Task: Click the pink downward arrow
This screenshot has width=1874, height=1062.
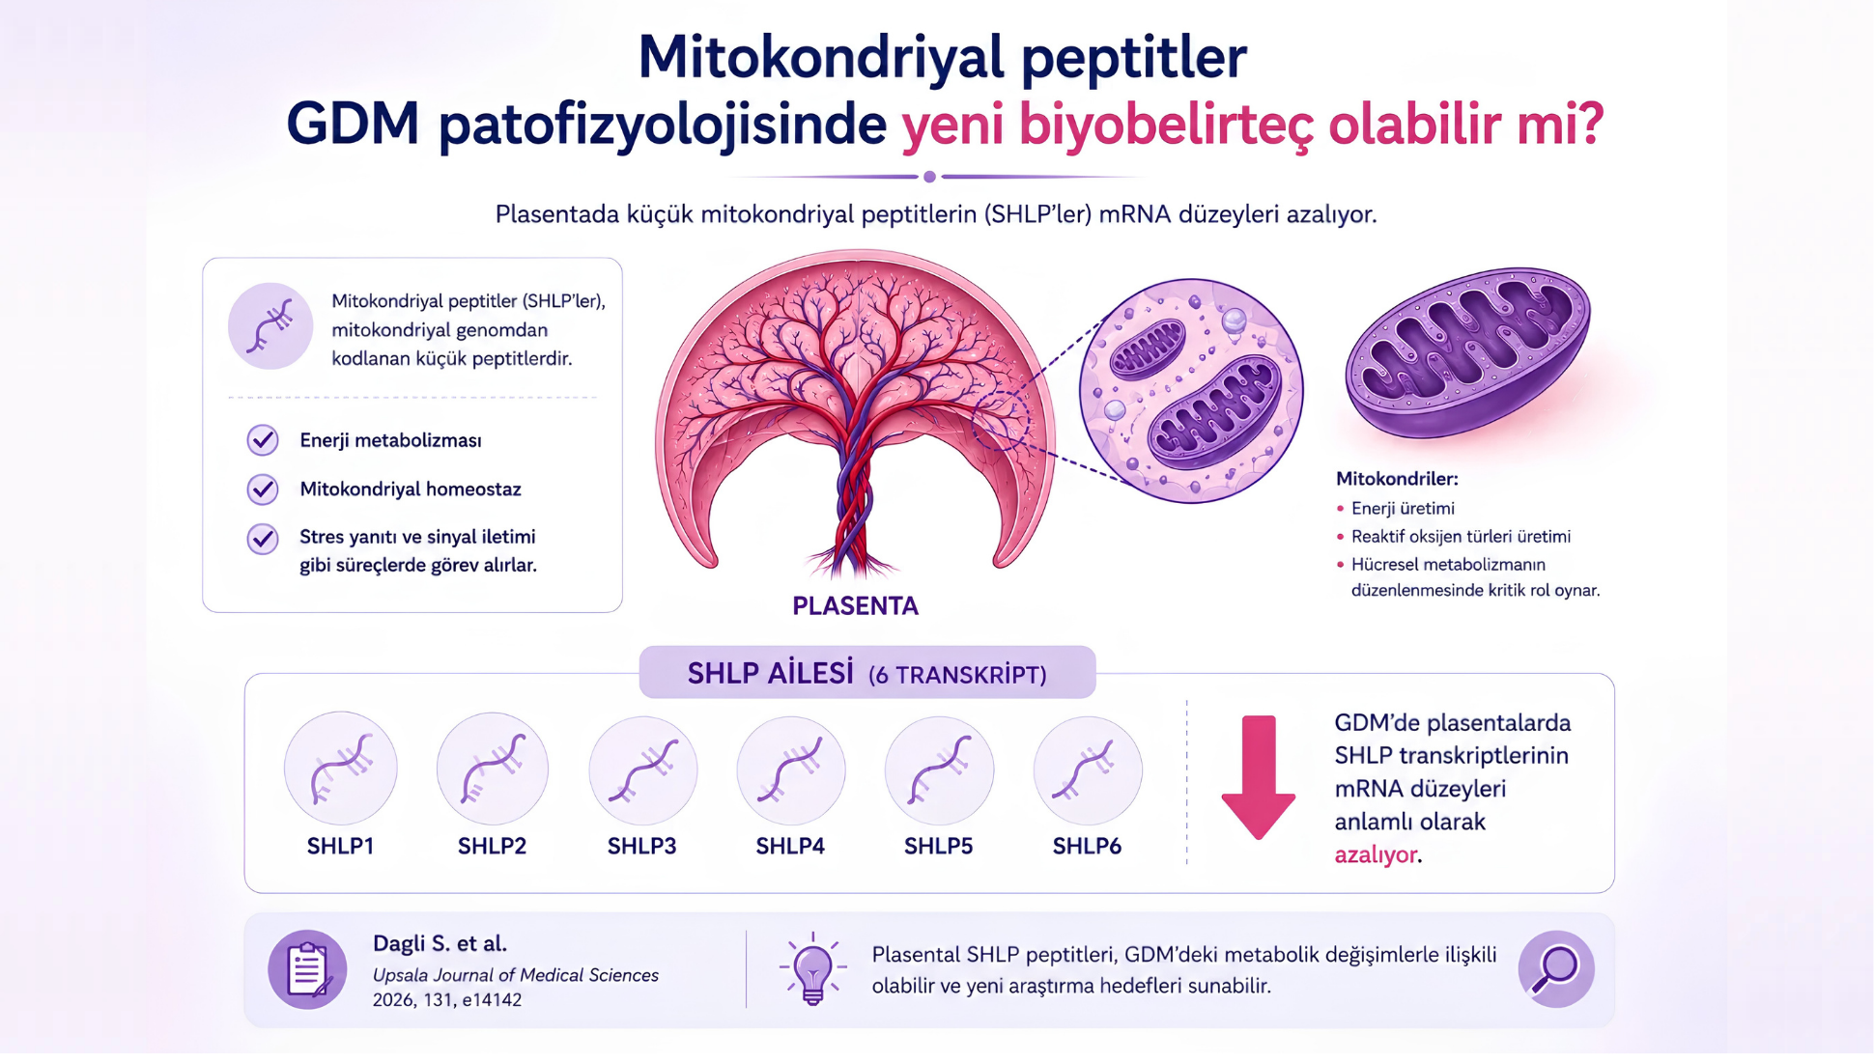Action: tap(1258, 777)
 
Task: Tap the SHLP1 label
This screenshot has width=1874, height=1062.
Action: tap(340, 847)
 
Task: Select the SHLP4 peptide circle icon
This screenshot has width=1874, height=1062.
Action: tap(791, 769)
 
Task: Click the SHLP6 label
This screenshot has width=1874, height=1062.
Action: tap(1087, 847)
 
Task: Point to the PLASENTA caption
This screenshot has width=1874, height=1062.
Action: tap(855, 606)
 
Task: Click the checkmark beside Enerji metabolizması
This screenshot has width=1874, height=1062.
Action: tap(263, 440)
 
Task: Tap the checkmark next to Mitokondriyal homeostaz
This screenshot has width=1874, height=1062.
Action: tap(263, 489)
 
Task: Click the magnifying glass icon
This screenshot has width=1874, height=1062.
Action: tap(1556, 968)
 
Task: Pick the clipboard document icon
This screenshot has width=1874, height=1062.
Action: tap(307, 969)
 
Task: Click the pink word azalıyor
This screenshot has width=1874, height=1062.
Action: tap(1376, 855)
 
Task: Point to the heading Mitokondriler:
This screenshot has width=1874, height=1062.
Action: tap(1397, 479)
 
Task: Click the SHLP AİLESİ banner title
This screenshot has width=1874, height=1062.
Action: tap(770, 673)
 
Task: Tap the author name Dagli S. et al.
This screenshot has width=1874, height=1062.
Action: tap(440, 944)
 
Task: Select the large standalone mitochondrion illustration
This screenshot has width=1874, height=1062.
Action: tap(1467, 352)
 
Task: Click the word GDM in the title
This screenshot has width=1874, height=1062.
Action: tap(353, 125)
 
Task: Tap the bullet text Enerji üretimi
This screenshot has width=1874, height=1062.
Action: tap(1403, 509)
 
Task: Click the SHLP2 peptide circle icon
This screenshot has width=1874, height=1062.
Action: tap(492, 769)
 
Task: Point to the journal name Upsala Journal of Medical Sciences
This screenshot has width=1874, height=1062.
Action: tap(516, 976)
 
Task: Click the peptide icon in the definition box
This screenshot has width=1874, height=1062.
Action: tap(270, 326)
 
